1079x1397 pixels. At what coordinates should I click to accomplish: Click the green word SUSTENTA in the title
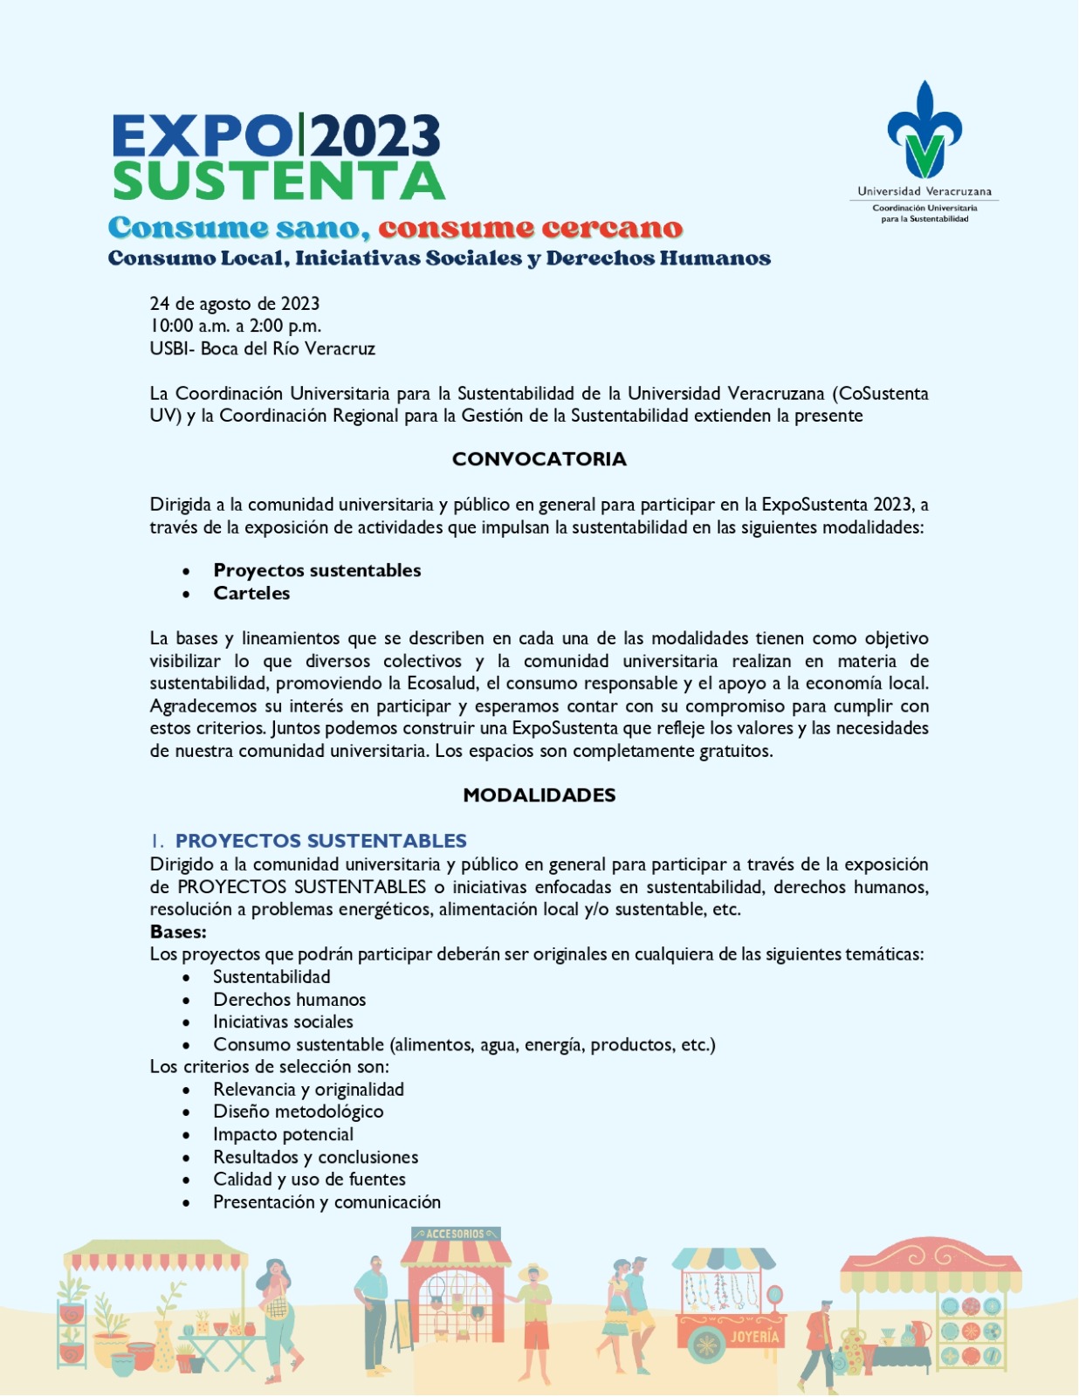(x=278, y=181)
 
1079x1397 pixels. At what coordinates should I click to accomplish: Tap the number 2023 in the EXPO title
(x=376, y=137)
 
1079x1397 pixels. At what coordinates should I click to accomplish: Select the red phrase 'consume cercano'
(x=530, y=229)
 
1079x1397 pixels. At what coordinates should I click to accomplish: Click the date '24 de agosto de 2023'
(x=234, y=304)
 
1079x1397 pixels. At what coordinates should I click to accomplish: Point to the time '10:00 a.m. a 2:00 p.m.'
(x=235, y=326)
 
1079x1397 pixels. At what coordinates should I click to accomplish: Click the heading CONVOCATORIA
(x=539, y=459)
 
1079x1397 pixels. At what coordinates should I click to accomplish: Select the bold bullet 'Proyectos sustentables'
(x=317, y=570)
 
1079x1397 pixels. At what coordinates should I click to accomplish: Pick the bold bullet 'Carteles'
(x=251, y=593)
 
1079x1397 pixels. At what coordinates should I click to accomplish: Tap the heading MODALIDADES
(x=539, y=795)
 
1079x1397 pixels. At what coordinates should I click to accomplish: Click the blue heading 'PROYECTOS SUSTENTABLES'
(x=320, y=841)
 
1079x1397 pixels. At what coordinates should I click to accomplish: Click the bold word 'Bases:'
(x=178, y=932)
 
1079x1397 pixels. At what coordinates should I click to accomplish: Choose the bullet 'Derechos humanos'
(x=289, y=1000)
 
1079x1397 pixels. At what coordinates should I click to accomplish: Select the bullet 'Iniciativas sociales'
(x=283, y=1022)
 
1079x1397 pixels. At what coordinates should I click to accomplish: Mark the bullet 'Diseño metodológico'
(x=298, y=1111)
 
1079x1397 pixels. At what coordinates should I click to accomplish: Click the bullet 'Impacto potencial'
(x=283, y=1134)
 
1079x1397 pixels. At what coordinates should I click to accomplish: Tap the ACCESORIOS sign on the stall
(x=456, y=1234)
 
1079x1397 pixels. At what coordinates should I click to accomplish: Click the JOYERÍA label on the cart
(x=754, y=1337)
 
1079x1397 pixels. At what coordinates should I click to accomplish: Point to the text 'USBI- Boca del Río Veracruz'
(x=262, y=348)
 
